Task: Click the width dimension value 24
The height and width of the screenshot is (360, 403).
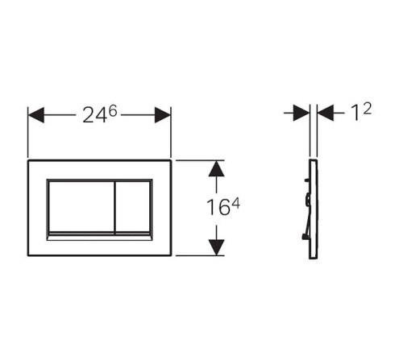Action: [x=95, y=116]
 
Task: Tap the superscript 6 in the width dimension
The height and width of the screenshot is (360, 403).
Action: [x=113, y=110]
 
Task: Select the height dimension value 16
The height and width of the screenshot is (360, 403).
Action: [x=218, y=207]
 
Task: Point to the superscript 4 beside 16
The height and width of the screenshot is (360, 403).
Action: [x=235, y=205]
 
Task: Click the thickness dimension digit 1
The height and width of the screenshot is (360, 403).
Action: [x=355, y=113]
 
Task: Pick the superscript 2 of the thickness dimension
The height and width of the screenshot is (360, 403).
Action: [x=368, y=109]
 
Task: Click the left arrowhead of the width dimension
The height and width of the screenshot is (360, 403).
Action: [x=36, y=115]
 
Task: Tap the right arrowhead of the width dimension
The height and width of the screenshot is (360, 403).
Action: [x=163, y=115]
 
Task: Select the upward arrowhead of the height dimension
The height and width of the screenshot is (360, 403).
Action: [x=216, y=168]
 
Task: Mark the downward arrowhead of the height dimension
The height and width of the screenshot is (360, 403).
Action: [x=216, y=247]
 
